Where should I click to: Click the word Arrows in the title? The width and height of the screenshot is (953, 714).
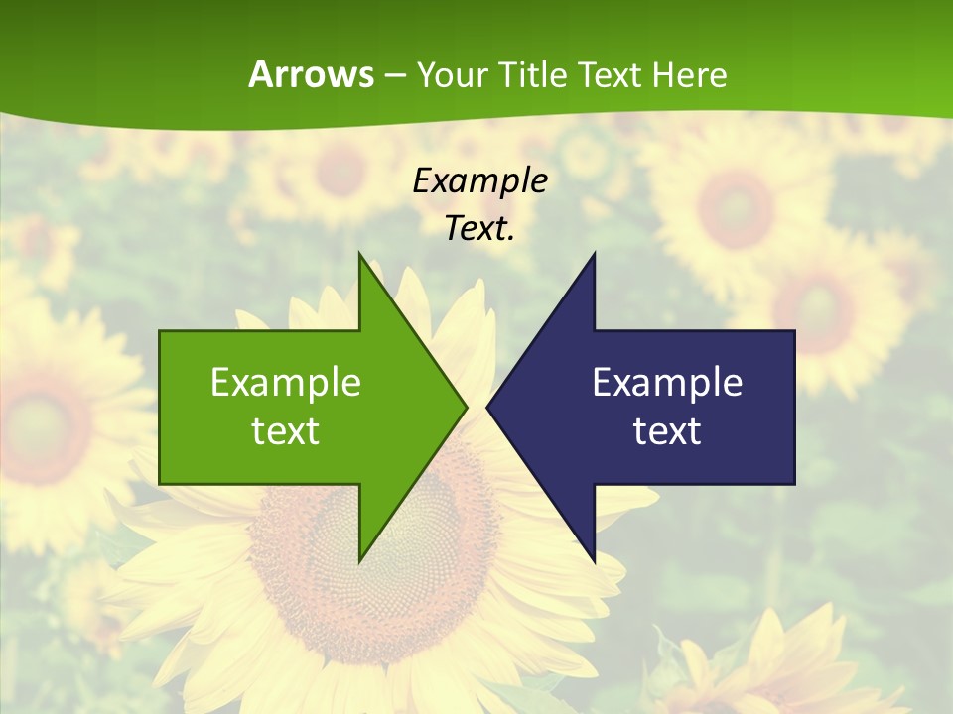[x=311, y=74]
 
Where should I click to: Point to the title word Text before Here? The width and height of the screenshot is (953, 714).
[x=612, y=74]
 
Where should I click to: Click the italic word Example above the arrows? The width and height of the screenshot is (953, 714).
[x=479, y=181]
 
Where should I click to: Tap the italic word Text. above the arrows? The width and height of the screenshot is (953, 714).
[x=479, y=229]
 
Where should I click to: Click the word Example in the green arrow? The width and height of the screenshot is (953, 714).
[x=285, y=383]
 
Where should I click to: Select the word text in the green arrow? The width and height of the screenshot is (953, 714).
[x=285, y=431]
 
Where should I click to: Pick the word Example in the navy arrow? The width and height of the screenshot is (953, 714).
[x=667, y=383]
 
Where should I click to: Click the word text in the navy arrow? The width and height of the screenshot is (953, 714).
[x=667, y=431]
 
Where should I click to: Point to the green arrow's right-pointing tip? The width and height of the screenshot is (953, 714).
[x=465, y=407]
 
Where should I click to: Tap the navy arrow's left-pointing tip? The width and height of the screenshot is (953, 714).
[x=488, y=407]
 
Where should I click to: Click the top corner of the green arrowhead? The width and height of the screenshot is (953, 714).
[x=360, y=256]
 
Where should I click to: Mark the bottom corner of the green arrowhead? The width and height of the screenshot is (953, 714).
[x=360, y=559]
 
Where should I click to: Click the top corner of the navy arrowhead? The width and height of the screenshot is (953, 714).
[x=594, y=256]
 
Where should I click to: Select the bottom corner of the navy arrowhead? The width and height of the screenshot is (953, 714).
[x=594, y=559]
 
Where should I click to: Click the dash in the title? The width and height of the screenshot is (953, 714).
[x=394, y=75]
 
